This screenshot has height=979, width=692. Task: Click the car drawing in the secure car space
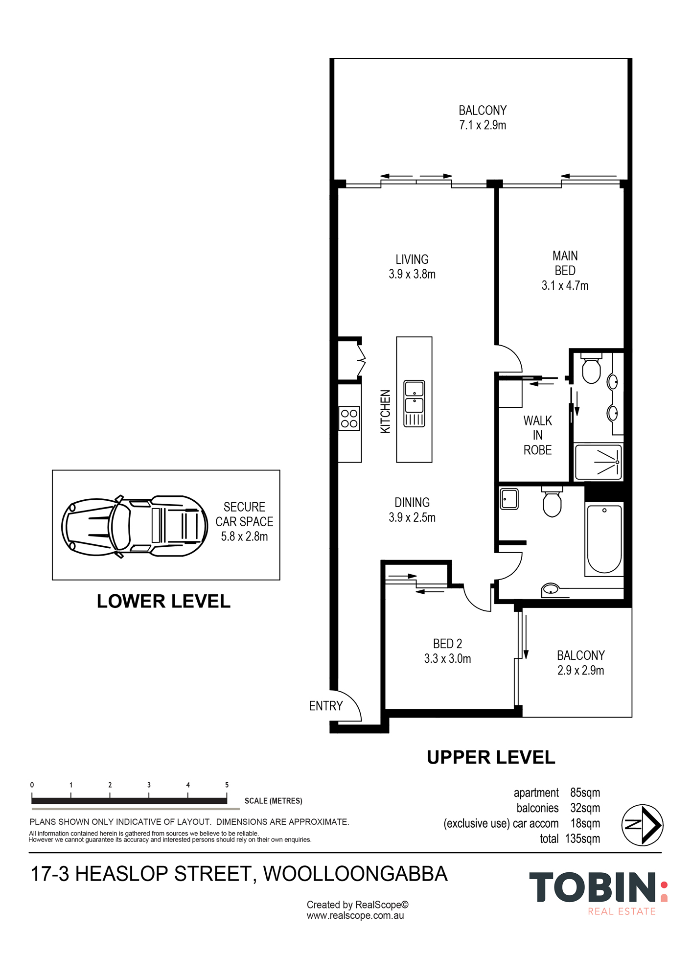[135, 526]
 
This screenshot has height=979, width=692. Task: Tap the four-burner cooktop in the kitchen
[349, 419]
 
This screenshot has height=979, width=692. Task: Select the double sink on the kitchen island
[414, 404]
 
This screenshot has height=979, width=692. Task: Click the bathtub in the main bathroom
[604, 539]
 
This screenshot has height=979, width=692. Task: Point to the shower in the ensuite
[599, 462]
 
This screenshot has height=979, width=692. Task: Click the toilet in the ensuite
[591, 368]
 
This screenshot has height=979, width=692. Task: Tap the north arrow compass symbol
[642, 825]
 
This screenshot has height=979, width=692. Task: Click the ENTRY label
[326, 706]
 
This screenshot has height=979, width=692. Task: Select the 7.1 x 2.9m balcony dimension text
[483, 125]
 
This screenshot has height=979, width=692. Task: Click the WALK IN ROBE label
[538, 435]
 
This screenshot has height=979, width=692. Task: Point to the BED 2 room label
[447, 644]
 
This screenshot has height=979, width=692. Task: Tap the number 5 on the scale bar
[227, 785]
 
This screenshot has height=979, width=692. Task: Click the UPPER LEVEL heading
[491, 757]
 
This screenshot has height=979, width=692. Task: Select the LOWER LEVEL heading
[163, 601]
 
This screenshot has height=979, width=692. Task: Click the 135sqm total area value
[582, 839]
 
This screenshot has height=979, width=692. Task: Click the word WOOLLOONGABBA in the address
[355, 874]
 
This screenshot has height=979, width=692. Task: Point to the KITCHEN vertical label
[386, 411]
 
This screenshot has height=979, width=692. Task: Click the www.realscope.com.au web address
[355, 915]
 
